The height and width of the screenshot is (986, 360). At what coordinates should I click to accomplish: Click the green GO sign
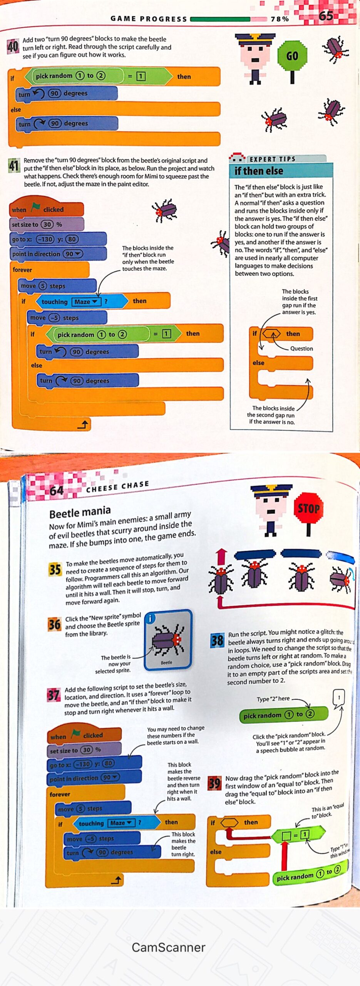click(x=292, y=56)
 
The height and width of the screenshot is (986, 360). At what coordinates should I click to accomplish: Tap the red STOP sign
click(x=308, y=508)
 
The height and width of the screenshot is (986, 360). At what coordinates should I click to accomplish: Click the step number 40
click(x=13, y=47)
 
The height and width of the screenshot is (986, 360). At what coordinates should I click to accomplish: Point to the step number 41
click(x=14, y=166)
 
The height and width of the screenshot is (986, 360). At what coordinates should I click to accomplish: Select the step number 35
click(x=55, y=569)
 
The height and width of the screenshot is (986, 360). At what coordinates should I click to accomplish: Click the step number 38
click(x=217, y=641)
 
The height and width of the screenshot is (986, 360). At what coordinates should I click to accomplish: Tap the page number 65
click(x=326, y=16)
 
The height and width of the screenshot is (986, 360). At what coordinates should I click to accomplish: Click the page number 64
click(x=56, y=491)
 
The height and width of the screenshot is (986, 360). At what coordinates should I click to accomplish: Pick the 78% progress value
click(x=280, y=19)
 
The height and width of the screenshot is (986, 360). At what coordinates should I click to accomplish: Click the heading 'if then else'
click(x=259, y=171)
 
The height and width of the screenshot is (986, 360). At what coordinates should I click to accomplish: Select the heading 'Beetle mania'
click(x=80, y=512)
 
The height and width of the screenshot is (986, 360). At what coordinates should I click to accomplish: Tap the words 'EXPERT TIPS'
click(x=272, y=159)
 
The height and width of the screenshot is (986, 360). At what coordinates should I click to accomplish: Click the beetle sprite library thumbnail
click(x=168, y=640)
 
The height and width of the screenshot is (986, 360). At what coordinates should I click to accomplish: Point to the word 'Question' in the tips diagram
click(x=301, y=349)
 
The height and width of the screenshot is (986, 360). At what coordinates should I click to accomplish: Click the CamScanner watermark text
click(x=168, y=947)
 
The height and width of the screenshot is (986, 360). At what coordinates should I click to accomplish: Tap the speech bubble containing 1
click(x=339, y=697)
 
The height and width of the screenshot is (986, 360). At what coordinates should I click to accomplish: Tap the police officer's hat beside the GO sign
click(x=255, y=39)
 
